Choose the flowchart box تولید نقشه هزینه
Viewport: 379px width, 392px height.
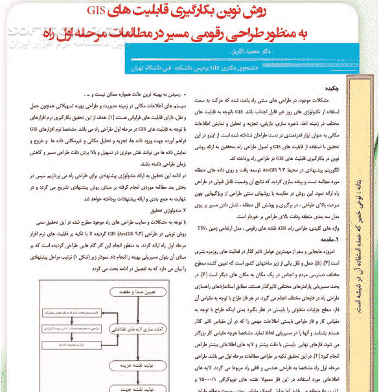[139, 365]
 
